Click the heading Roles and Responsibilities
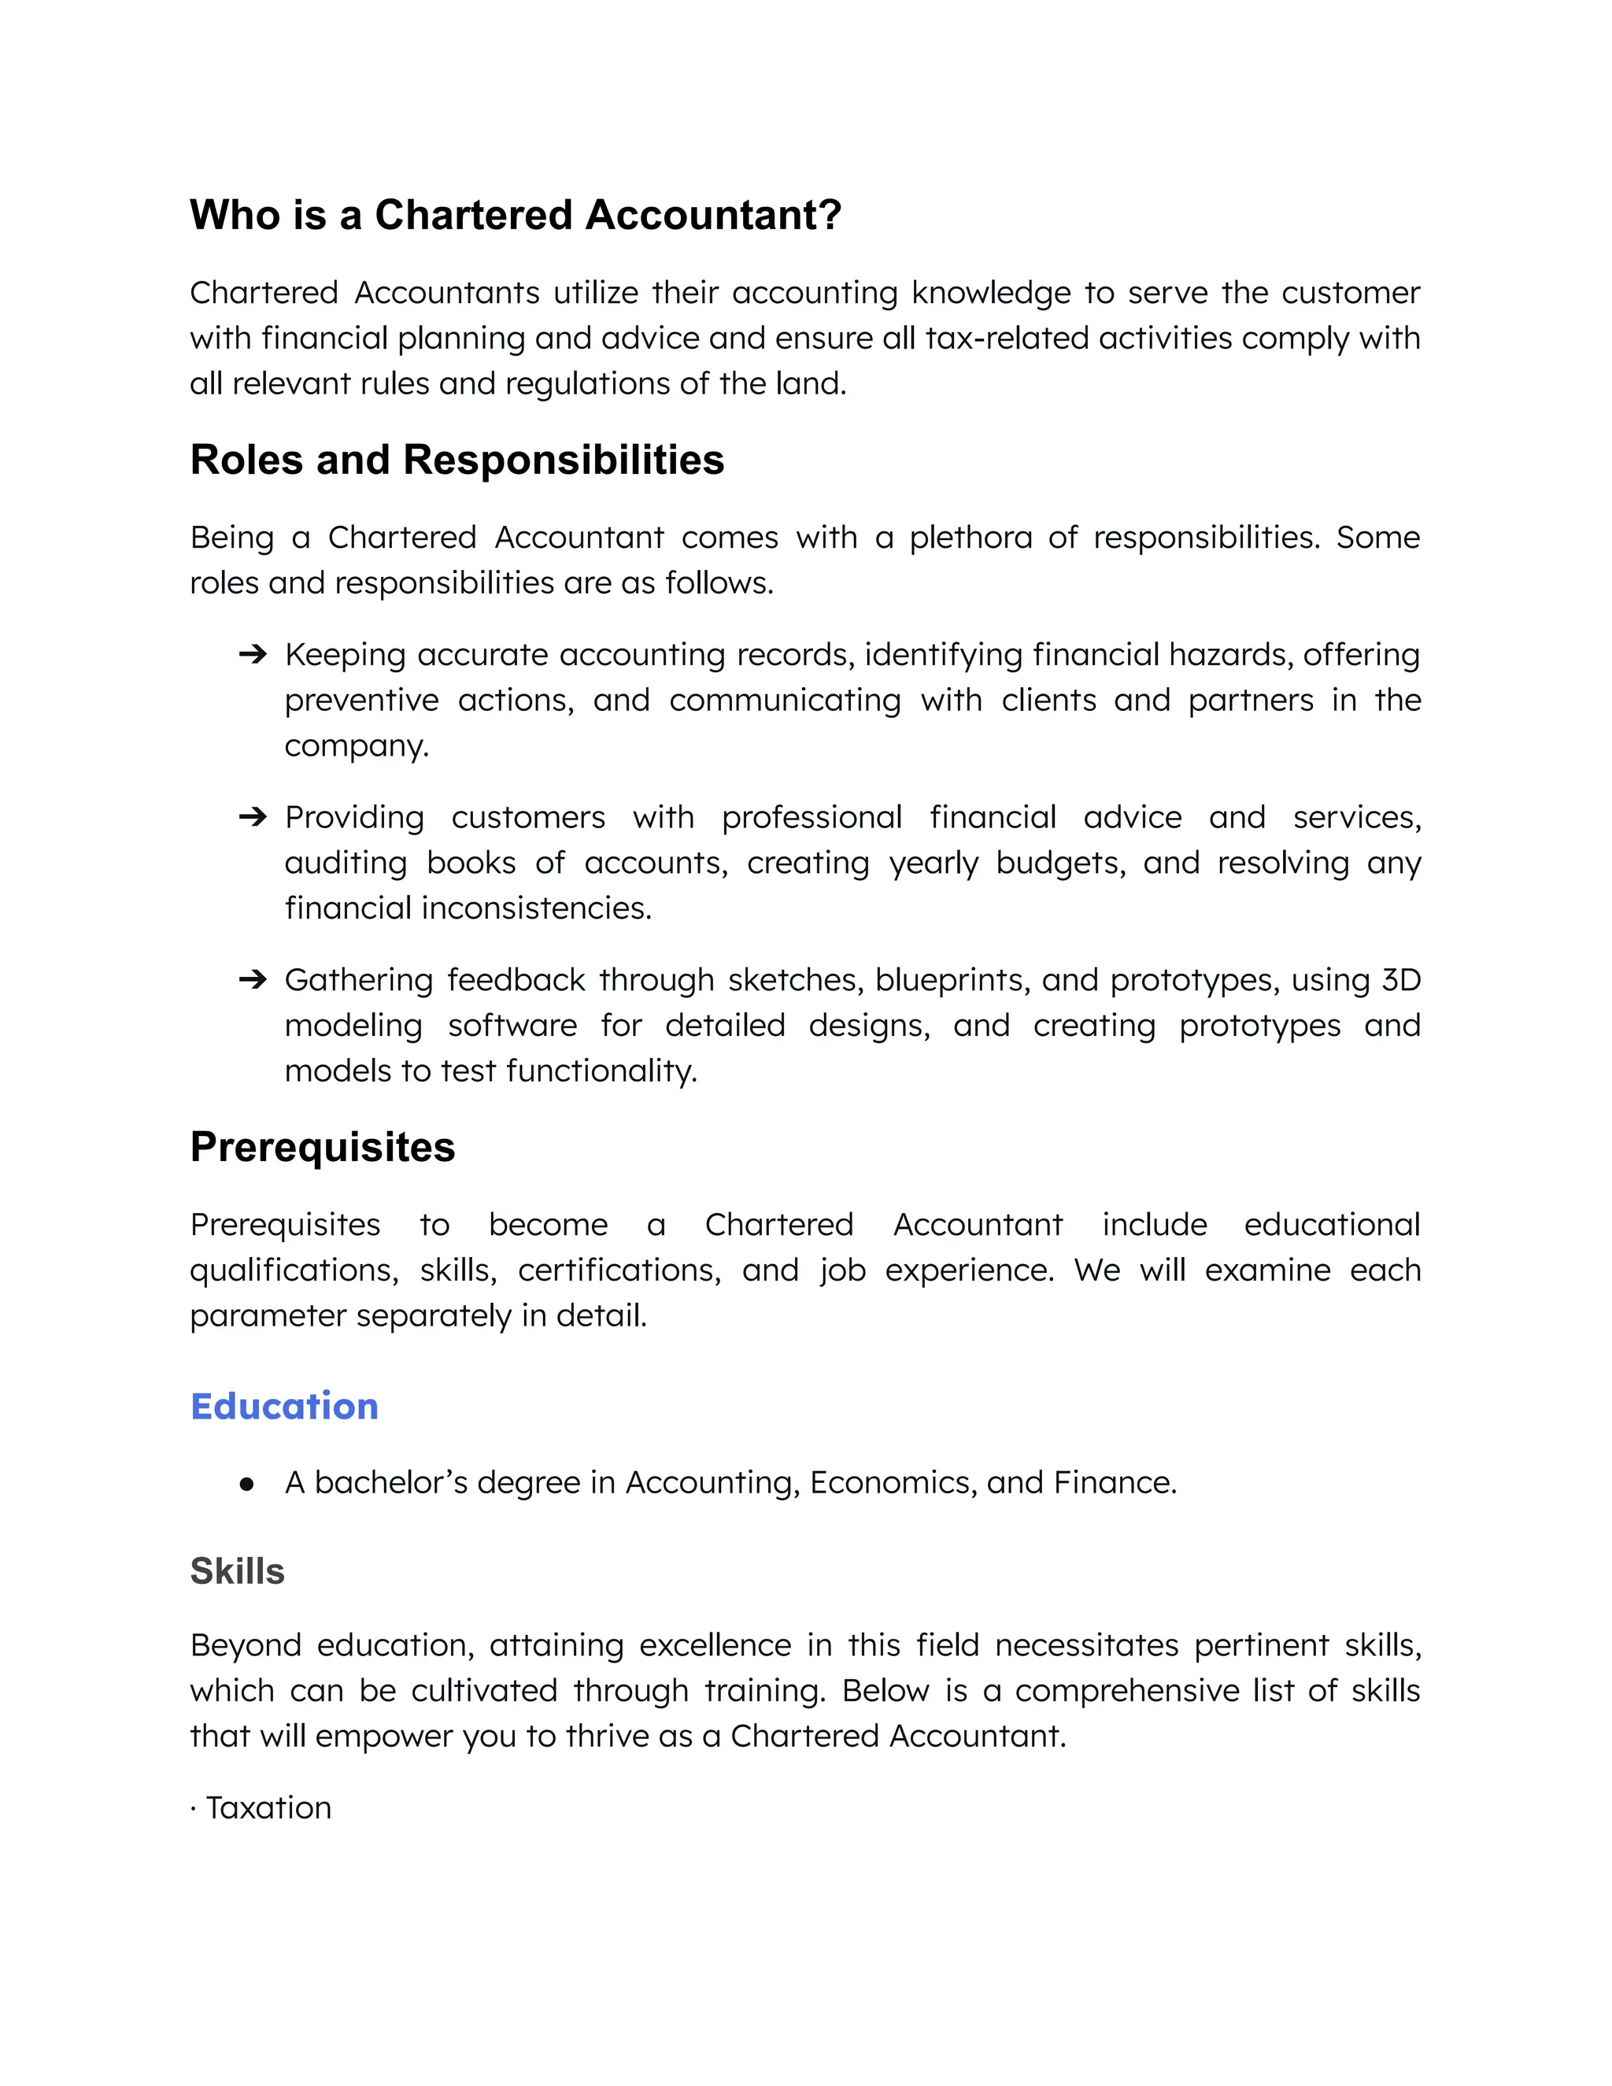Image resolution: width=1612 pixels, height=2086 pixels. [457, 460]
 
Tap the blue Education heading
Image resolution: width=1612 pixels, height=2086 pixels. [283, 1407]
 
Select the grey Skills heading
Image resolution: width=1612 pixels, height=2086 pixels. [237, 1571]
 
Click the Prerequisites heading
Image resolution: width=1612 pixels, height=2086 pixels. [322, 1147]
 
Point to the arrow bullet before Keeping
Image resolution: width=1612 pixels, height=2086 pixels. [252, 654]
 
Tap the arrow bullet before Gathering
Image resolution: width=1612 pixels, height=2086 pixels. [252, 980]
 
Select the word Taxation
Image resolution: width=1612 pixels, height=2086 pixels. [268, 1808]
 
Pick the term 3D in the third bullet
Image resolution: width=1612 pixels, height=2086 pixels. [1401, 980]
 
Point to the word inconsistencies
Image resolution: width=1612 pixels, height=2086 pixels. [537, 908]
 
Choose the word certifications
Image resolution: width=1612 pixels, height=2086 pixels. [619, 1271]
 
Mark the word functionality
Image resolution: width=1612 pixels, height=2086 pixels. [601, 1071]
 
